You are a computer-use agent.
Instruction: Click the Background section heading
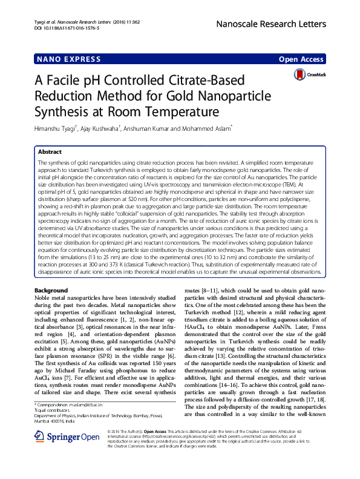[x=51, y=291]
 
